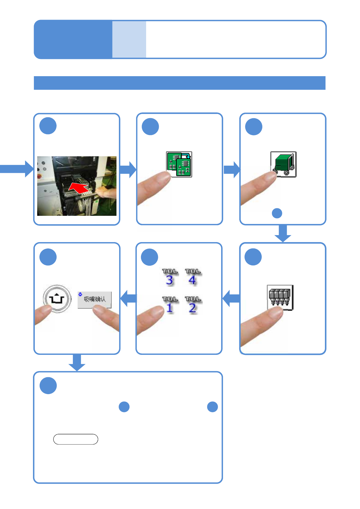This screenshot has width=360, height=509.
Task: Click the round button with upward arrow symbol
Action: tap(57, 299)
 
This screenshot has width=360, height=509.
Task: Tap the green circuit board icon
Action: tap(179, 164)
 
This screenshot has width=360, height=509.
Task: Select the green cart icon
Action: tap(283, 164)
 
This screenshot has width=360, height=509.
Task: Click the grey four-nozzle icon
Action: tap(280, 297)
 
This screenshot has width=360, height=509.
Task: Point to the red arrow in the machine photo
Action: tap(79, 188)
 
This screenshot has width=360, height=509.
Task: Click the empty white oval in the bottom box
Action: tap(76, 439)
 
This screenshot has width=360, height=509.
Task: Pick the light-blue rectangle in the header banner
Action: tap(129, 39)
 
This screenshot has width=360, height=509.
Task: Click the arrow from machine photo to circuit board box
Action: tap(128, 169)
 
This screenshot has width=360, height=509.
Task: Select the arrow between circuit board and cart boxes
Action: tap(232, 170)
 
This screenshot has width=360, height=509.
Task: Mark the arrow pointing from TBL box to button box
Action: tap(129, 298)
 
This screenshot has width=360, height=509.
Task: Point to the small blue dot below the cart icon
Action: tap(277, 213)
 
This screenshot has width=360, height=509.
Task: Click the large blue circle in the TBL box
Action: tap(149, 257)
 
